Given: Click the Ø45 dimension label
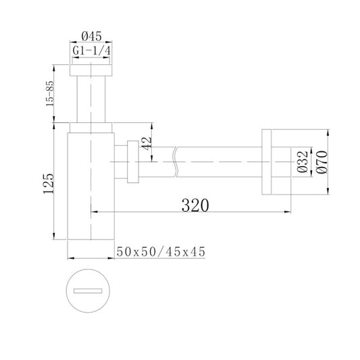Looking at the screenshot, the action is (91, 36).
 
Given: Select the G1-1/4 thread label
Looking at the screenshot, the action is (91, 51).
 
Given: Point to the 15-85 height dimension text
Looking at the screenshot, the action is (50, 93).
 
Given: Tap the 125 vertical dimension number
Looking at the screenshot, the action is (49, 184).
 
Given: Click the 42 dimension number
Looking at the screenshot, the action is (147, 143).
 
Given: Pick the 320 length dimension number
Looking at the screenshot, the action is (195, 205).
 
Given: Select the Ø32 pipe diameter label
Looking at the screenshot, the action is (303, 161).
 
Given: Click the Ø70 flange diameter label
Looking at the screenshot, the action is (322, 162).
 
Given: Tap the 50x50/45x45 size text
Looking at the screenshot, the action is (161, 252).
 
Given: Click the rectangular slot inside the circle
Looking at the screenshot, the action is (88, 291).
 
